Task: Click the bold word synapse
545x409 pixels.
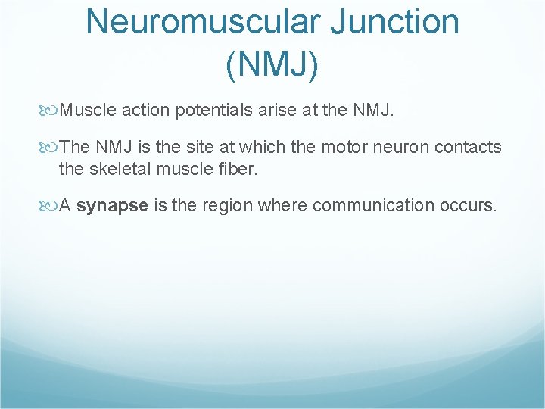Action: tap(112, 206)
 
